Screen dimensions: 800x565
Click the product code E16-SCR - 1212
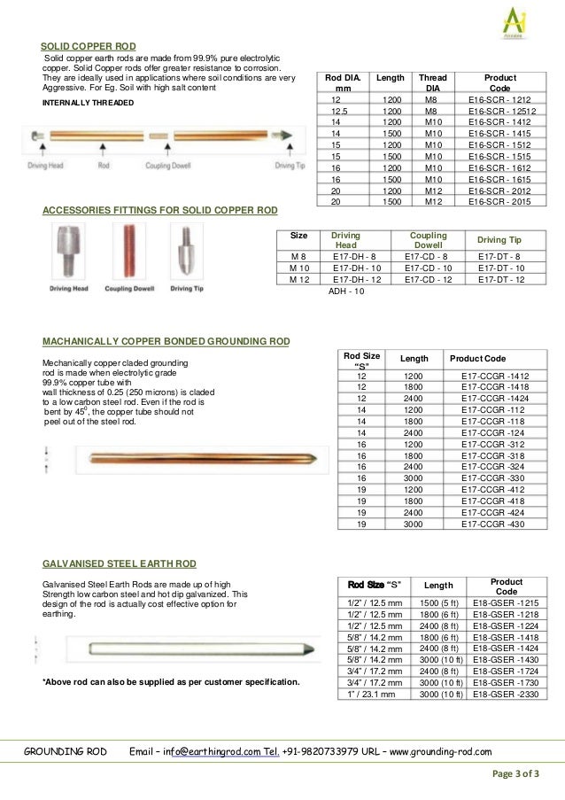tap(500, 100)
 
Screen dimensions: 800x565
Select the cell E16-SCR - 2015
tap(500, 202)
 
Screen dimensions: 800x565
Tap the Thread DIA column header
tap(433, 83)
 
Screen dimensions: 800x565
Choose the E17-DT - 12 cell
tap(500, 279)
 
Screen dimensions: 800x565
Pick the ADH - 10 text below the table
tap(346, 291)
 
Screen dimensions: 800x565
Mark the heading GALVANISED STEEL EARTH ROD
tap(120, 563)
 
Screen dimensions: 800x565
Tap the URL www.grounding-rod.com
tap(440, 752)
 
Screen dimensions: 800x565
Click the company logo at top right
tap(515, 19)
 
